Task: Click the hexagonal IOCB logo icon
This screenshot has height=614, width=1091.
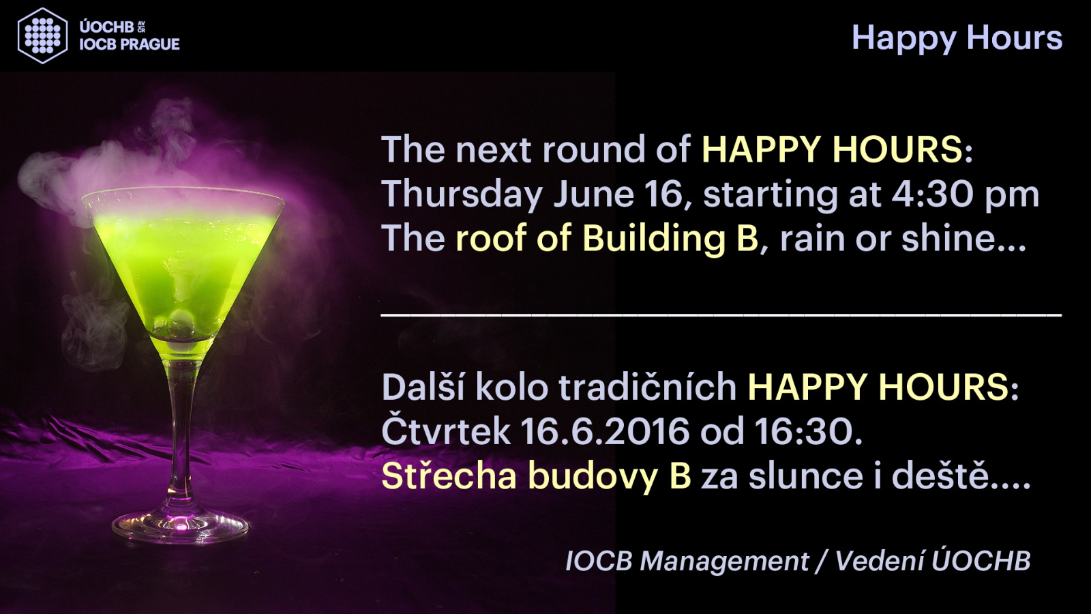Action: click(x=42, y=35)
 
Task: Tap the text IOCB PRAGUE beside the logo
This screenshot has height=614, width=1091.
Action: click(x=130, y=44)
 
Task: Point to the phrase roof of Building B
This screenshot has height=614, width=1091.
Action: click(x=607, y=238)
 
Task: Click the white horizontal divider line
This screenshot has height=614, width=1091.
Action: click(x=721, y=315)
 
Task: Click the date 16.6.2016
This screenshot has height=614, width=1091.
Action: click(x=605, y=431)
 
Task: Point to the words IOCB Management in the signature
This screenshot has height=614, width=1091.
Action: click(x=687, y=561)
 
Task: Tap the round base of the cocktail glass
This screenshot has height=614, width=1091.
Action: click(x=180, y=526)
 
